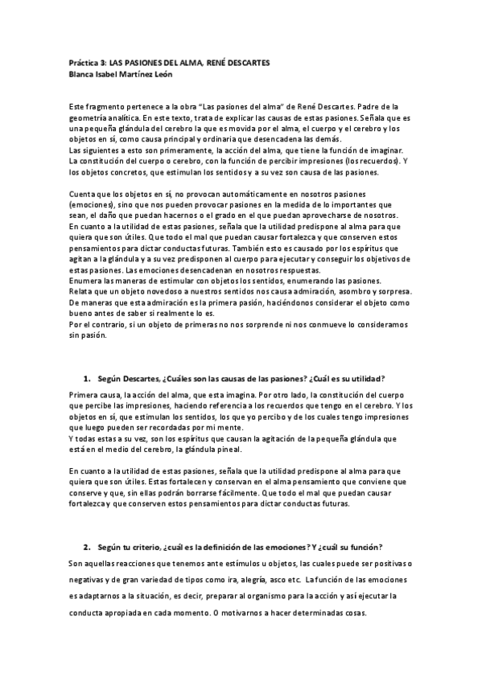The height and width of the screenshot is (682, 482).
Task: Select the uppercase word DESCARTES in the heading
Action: pyautogui.click(x=245, y=63)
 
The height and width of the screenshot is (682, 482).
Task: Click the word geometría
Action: pyautogui.click(x=89, y=117)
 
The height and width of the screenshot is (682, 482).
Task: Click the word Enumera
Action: pyautogui.click(x=86, y=280)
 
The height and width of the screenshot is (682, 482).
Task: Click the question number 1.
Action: pyautogui.click(x=86, y=378)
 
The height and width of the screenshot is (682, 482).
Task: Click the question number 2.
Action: pyautogui.click(x=86, y=547)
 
